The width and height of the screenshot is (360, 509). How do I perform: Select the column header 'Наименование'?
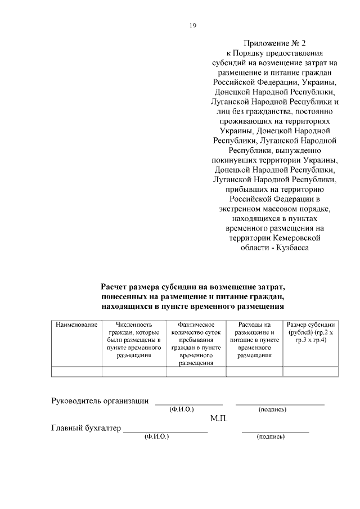coord(76,325)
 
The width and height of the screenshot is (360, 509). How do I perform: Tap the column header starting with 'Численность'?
coord(134,340)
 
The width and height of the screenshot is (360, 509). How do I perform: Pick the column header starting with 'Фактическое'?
coord(196,344)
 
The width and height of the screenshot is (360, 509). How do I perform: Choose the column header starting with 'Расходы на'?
coord(255,340)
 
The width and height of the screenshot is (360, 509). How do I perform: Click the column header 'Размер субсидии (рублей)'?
coord(310,332)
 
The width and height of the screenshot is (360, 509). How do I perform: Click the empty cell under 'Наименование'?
coord(76,371)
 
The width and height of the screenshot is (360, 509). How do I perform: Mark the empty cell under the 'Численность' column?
coord(134,371)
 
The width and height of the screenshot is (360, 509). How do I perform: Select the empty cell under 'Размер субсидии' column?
coord(310,371)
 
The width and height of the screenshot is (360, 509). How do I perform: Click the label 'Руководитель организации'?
coord(100,401)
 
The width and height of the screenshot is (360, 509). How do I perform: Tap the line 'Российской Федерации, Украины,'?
coord(274,82)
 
